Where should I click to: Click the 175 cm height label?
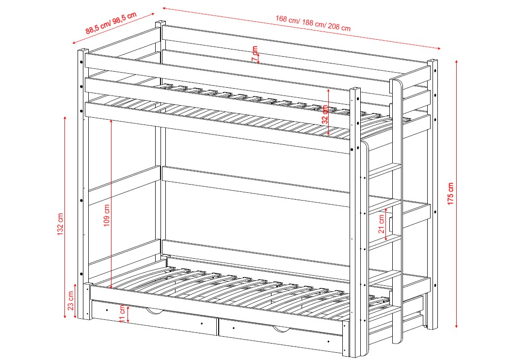[x=450, y=194]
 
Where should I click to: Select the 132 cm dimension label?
[x=60, y=224]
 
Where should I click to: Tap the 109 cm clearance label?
[x=107, y=216]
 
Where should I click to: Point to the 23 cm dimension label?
[x=71, y=301]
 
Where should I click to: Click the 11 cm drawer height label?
[x=122, y=313]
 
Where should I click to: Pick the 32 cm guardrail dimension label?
[x=325, y=114]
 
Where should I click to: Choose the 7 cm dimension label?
[x=255, y=54]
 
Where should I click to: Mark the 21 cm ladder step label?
[x=382, y=224]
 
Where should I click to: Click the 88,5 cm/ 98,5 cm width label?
[x=111, y=23]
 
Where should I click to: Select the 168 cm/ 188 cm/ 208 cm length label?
[x=313, y=23]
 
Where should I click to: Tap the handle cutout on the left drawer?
[x=154, y=311]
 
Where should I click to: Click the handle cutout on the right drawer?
[x=281, y=329]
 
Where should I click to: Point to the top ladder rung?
[x=385, y=171]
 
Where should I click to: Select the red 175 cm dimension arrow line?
[x=456, y=194]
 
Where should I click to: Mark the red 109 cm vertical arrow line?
[x=112, y=204]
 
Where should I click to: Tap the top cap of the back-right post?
[x=433, y=61]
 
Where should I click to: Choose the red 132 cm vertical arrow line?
[x=65, y=217]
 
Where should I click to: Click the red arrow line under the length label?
[x=301, y=28]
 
